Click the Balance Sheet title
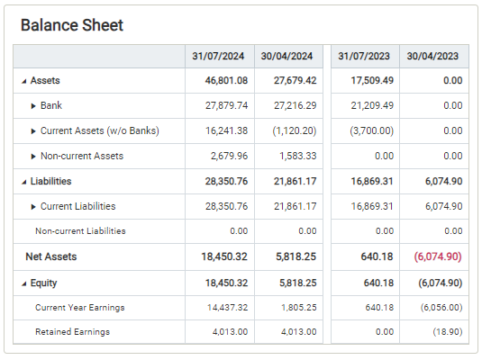72,25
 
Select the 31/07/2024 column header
218,56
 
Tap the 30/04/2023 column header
432,56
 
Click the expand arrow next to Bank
33,106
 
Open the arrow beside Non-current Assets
33,157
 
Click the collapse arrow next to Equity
24,283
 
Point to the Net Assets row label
51,256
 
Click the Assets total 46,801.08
226,80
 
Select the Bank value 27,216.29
296,105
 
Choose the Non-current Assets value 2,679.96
229,156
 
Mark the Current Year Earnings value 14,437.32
227,308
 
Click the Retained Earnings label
73,332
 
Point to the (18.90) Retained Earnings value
448,332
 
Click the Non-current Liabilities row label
80,231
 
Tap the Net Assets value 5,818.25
296,256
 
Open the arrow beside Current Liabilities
33,207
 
